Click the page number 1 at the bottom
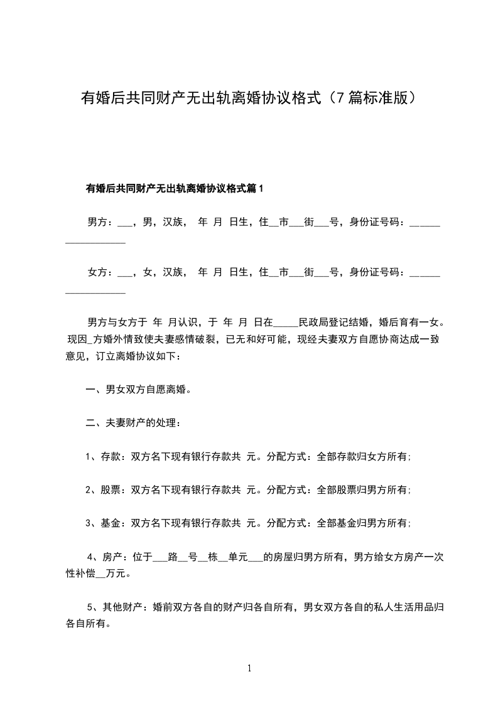249,669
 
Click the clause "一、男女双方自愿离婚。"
138,390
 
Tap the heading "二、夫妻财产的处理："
134,423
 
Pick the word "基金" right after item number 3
111,523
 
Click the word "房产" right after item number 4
112,556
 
